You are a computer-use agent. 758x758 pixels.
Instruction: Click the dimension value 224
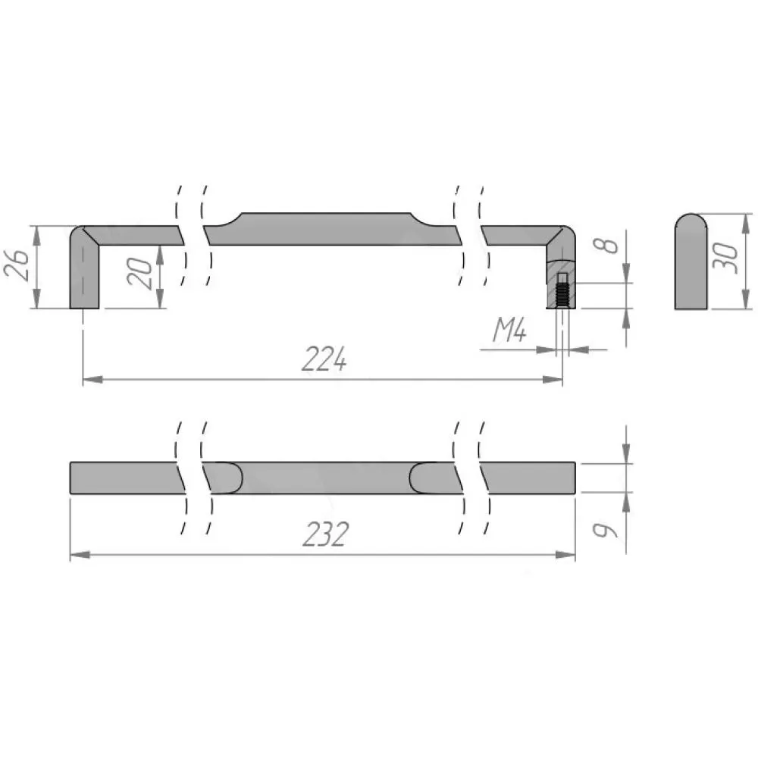(x=324, y=359)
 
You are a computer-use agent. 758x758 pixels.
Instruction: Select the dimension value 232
(x=325, y=534)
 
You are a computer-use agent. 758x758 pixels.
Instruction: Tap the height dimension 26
(x=17, y=265)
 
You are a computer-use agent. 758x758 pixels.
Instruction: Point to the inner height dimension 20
(x=139, y=274)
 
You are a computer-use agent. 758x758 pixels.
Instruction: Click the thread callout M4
(x=509, y=330)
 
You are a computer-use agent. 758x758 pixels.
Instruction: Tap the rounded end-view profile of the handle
(x=691, y=262)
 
